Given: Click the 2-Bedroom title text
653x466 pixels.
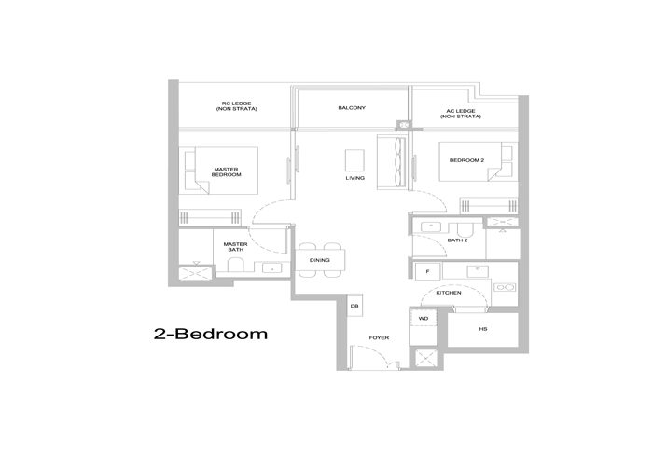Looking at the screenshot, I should click(x=210, y=334).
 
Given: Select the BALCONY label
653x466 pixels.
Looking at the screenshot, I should click(x=352, y=108).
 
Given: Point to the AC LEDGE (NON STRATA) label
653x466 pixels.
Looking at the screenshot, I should click(x=463, y=114).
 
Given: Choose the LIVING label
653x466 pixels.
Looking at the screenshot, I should click(x=354, y=177).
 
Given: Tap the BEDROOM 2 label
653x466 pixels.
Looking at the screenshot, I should click(x=467, y=160).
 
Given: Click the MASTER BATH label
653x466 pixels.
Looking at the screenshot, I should click(x=235, y=248).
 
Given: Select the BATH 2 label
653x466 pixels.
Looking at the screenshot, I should click(x=457, y=240).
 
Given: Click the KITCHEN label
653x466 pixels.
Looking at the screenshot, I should click(x=449, y=293).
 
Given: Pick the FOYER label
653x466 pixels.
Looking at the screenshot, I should click(x=379, y=336).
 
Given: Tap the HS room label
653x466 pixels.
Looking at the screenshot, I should click(x=483, y=330).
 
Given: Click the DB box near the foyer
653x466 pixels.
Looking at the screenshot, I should click(x=354, y=306).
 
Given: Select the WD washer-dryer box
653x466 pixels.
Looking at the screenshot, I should click(x=423, y=319).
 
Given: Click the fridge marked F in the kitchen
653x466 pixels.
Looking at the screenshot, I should click(x=427, y=271).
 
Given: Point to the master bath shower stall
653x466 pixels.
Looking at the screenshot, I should click(x=197, y=273).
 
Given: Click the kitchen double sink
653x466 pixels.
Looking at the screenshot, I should click(x=505, y=288).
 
